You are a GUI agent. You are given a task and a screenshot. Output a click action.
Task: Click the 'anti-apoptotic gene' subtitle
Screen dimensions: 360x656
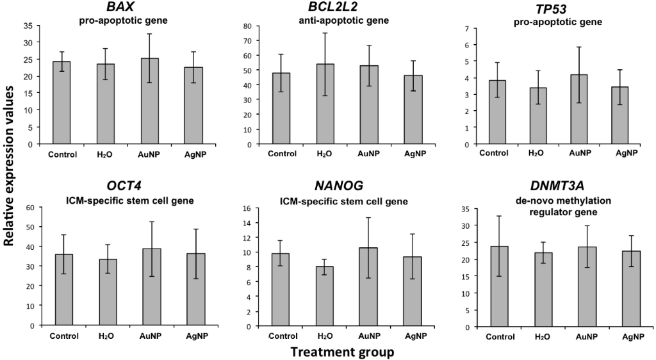coord(344,20)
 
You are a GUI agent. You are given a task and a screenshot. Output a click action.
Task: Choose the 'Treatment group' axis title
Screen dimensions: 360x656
coord(342,352)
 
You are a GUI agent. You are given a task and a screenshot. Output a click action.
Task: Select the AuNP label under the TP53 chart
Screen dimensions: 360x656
coord(582,154)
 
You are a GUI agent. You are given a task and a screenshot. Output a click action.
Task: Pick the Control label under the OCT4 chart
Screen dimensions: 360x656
coord(63,336)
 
